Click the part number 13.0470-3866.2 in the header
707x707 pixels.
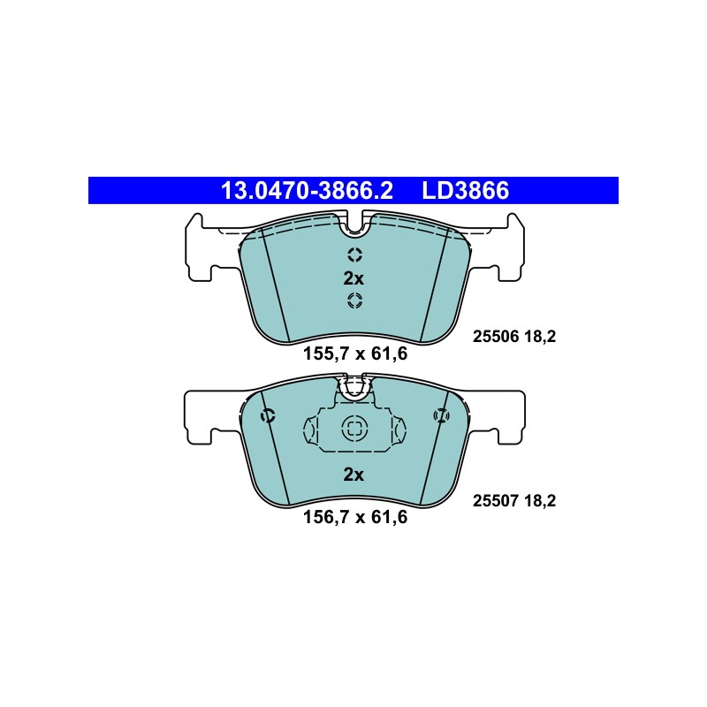tap(307, 191)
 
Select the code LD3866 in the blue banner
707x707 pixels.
tap(466, 191)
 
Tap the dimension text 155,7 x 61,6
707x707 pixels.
tap(355, 353)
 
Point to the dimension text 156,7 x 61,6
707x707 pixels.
tap(355, 517)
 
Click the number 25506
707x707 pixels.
tap(496, 337)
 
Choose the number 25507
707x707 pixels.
tap(496, 500)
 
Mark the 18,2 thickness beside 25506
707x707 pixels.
tap(540, 337)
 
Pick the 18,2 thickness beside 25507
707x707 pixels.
tap(540, 500)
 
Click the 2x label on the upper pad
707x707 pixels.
tap(353, 279)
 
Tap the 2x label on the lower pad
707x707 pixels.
tap(353, 475)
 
